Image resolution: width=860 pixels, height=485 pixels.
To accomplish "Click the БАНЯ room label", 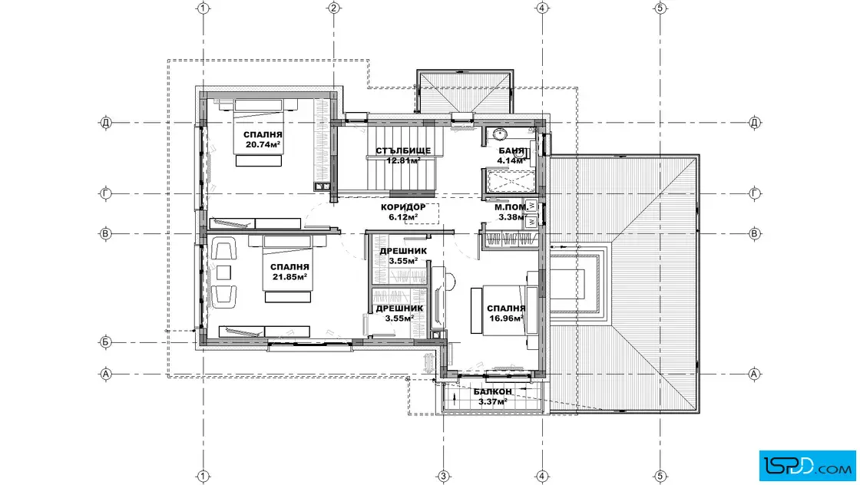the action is click(511, 150).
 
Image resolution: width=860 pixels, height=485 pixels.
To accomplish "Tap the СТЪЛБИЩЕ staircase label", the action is click(403, 150).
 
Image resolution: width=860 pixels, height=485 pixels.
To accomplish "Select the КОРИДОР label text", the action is click(403, 207).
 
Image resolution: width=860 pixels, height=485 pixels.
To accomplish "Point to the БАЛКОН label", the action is click(492, 392).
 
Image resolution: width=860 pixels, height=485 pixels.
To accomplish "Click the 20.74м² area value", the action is click(263, 145).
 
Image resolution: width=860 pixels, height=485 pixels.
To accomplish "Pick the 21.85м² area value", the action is click(289, 277).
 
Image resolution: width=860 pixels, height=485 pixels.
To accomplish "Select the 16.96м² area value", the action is click(506, 317).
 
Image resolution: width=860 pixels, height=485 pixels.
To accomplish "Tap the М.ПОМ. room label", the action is click(511, 207).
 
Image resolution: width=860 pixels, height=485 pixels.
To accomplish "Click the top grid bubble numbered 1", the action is click(203, 8).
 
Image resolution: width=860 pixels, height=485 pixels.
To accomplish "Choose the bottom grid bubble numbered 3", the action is click(443, 477).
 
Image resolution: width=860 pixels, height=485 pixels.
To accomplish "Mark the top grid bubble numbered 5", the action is click(660, 8).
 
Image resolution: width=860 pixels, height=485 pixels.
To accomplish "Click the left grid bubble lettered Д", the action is click(106, 122).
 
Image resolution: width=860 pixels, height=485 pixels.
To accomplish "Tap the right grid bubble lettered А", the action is click(754, 374).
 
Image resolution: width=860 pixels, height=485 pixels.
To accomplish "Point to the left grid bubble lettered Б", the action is click(106, 342).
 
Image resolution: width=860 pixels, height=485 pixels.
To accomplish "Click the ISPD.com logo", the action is click(807, 466).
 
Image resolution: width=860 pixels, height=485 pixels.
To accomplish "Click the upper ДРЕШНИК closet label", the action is click(403, 251).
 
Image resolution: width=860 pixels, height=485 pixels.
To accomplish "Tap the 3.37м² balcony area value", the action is click(492, 401).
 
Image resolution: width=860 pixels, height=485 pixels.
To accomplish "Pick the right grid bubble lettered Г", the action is click(754, 193).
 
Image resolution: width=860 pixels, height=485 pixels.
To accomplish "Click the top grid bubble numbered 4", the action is click(542, 8).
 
